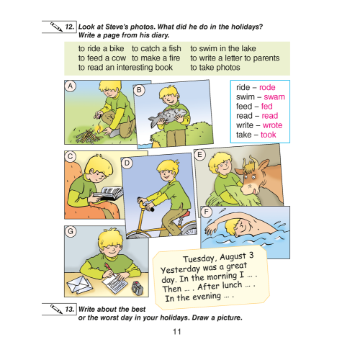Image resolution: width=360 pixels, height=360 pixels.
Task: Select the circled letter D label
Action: [x=127, y=163]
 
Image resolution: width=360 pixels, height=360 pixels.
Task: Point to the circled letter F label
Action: [x=207, y=212]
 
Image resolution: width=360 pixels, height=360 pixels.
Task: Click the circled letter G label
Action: [x=70, y=231]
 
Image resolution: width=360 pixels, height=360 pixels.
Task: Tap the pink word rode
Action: [x=267, y=87]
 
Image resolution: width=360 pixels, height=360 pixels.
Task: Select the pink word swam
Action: [x=274, y=96]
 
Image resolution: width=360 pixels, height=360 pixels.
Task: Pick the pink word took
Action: [x=268, y=134]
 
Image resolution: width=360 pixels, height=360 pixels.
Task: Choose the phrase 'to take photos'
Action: [x=216, y=67]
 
